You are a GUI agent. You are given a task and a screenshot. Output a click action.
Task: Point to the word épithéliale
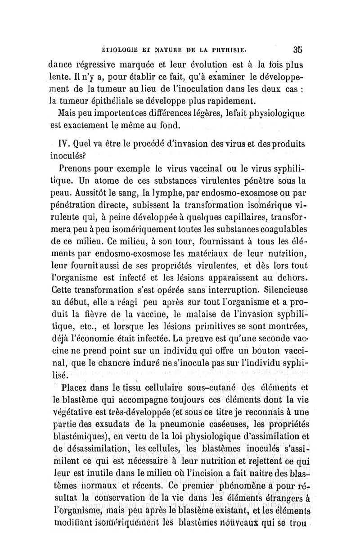coord(113,99)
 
